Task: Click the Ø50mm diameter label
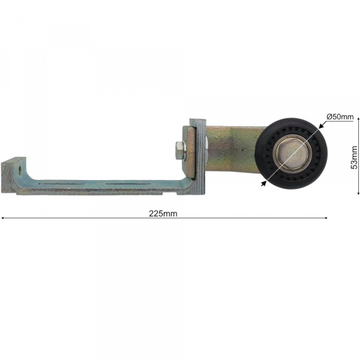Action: click(340, 117)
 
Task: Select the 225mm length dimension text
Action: click(166, 213)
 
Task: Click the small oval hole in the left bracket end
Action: click(20, 169)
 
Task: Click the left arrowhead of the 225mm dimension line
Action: click(4, 218)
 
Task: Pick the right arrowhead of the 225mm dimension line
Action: click(326, 218)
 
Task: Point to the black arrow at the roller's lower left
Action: click(263, 184)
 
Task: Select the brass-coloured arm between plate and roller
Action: click(231, 147)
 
